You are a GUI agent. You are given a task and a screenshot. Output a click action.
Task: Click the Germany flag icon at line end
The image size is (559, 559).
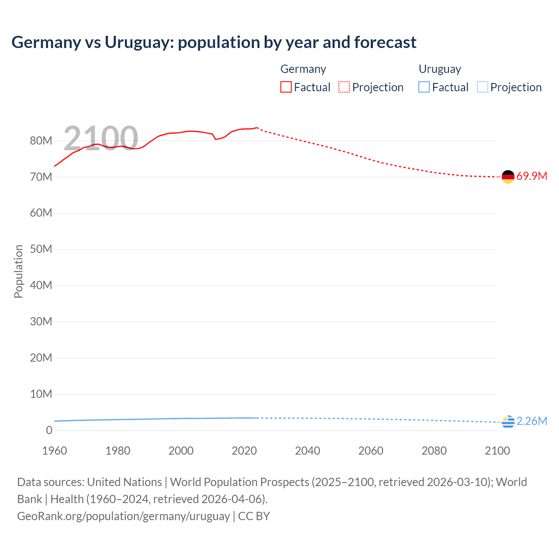tap(508, 177)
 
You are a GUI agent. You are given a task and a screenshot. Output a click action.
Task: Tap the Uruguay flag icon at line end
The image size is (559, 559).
tap(508, 422)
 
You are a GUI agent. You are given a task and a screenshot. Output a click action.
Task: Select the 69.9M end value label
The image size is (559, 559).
tap(531, 176)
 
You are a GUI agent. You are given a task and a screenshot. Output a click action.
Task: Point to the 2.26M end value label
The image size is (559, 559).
tap(531, 421)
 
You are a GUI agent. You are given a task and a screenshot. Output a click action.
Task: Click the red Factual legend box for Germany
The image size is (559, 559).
tap(286, 87)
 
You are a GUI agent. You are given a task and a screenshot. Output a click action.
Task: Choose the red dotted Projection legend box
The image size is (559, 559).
tap(344, 87)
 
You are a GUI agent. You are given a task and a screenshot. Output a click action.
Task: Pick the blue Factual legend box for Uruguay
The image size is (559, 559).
tap(424, 87)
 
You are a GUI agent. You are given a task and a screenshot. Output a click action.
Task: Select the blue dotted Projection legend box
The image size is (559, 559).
tap(482, 87)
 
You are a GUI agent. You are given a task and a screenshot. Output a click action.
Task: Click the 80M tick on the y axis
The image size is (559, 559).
tap(41, 141)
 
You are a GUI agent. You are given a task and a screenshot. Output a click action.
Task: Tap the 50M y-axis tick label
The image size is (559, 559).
tap(41, 249)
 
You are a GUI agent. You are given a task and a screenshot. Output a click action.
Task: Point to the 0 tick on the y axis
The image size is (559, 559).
tap(49, 430)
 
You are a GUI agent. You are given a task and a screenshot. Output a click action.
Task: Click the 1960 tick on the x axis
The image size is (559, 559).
tap(55, 451)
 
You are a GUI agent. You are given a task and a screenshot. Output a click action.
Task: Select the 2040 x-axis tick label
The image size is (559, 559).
tap(307, 451)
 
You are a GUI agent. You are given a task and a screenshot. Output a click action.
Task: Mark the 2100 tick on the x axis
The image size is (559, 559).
tap(497, 451)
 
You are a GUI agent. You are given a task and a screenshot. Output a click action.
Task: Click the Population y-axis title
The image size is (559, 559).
tap(18, 271)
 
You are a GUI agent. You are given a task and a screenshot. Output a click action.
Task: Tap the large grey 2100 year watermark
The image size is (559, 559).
tap(101, 138)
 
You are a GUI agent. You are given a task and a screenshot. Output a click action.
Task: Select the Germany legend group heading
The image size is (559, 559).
tap(303, 69)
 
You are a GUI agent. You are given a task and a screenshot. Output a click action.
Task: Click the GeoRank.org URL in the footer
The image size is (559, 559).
tap(123, 516)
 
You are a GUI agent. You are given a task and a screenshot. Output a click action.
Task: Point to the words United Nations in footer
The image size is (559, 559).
tap(124, 482)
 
